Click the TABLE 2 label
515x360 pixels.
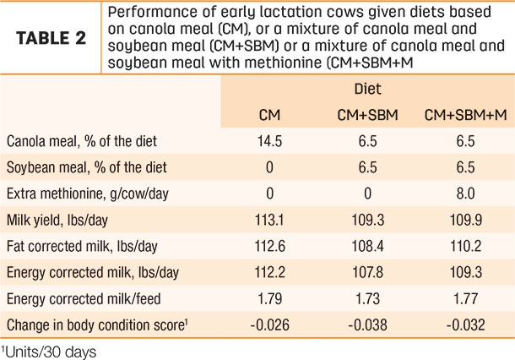[x=51, y=38]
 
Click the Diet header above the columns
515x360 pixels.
[x=367, y=89]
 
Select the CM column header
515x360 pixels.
[x=269, y=115]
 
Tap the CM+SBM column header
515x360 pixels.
[x=367, y=115]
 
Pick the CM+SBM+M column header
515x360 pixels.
[x=466, y=115]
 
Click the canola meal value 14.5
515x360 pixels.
[x=269, y=141]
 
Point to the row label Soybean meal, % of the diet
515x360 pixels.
[x=87, y=167]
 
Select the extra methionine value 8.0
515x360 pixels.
[x=466, y=194]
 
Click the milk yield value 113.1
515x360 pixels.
[x=269, y=220]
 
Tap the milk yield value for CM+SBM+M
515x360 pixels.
[x=466, y=220]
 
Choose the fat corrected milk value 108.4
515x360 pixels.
[x=367, y=246]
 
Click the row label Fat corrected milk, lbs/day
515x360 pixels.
[x=82, y=246]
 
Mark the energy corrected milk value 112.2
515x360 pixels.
[x=269, y=272]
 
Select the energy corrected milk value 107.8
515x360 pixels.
[x=367, y=272]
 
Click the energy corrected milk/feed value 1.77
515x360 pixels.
[x=466, y=298]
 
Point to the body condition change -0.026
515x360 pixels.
[x=269, y=325]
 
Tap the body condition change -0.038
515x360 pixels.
[x=367, y=325]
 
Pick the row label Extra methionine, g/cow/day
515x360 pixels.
[x=87, y=194]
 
